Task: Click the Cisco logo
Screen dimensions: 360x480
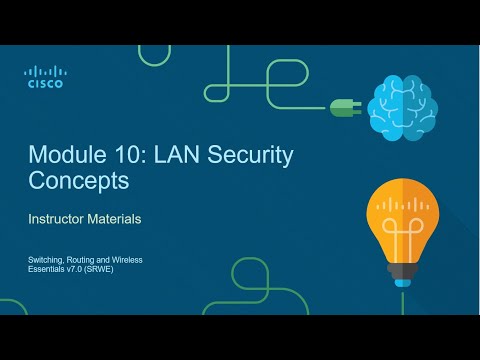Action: (x=43, y=77)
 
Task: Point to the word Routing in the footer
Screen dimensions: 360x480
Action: (x=82, y=260)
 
